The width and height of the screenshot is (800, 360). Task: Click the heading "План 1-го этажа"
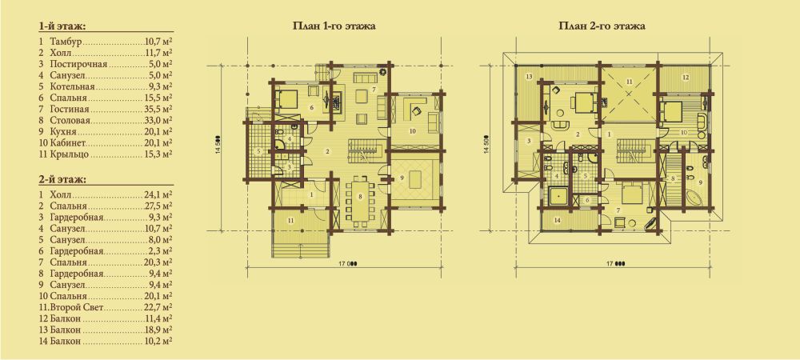334,26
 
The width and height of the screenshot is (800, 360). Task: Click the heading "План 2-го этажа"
602,26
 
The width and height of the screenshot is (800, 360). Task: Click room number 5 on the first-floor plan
258,151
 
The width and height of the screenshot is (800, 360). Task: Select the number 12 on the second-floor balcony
686,77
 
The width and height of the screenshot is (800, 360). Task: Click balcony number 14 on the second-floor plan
558,220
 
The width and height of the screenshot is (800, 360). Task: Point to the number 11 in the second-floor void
629,81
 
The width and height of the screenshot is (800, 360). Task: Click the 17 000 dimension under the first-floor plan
347,264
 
